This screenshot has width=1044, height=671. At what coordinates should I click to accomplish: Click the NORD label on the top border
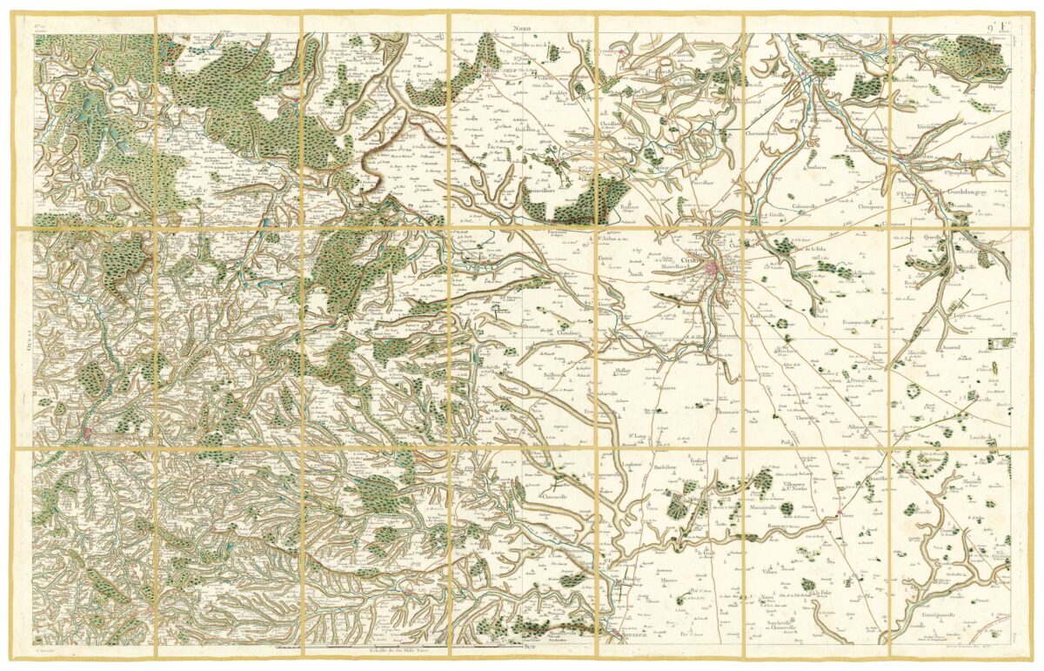[x=522, y=28]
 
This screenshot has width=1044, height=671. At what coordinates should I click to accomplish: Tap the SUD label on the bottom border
[x=528, y=648]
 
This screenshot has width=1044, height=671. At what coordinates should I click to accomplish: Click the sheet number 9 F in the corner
[x=1000, y=28]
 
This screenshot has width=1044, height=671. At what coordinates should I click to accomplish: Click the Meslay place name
[x=623, y=371]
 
